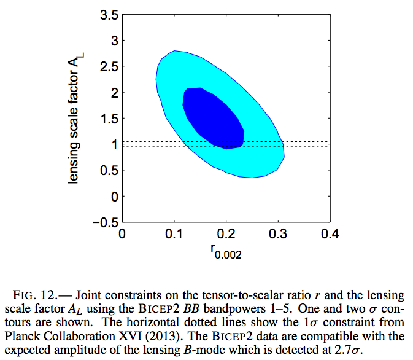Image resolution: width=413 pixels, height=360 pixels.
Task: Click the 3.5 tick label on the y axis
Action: click(109, 15)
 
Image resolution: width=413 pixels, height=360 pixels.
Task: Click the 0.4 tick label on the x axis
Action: click(331, 234)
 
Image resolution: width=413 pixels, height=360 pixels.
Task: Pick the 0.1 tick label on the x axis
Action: click(174, 234)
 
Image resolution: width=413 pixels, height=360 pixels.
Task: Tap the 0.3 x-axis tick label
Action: click(279, 234)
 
